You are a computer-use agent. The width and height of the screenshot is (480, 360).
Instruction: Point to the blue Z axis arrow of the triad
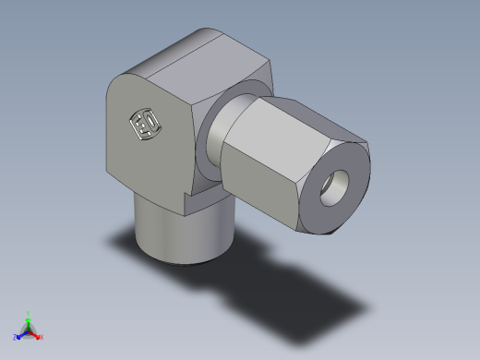[21, 335]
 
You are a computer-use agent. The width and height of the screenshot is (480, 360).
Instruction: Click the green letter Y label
[29, 313]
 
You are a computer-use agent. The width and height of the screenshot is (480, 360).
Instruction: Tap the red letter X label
[42, 337]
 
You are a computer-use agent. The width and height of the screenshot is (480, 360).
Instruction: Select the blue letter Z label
[16, 338]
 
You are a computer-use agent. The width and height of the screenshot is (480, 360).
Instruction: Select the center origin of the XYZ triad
[29, 330]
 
